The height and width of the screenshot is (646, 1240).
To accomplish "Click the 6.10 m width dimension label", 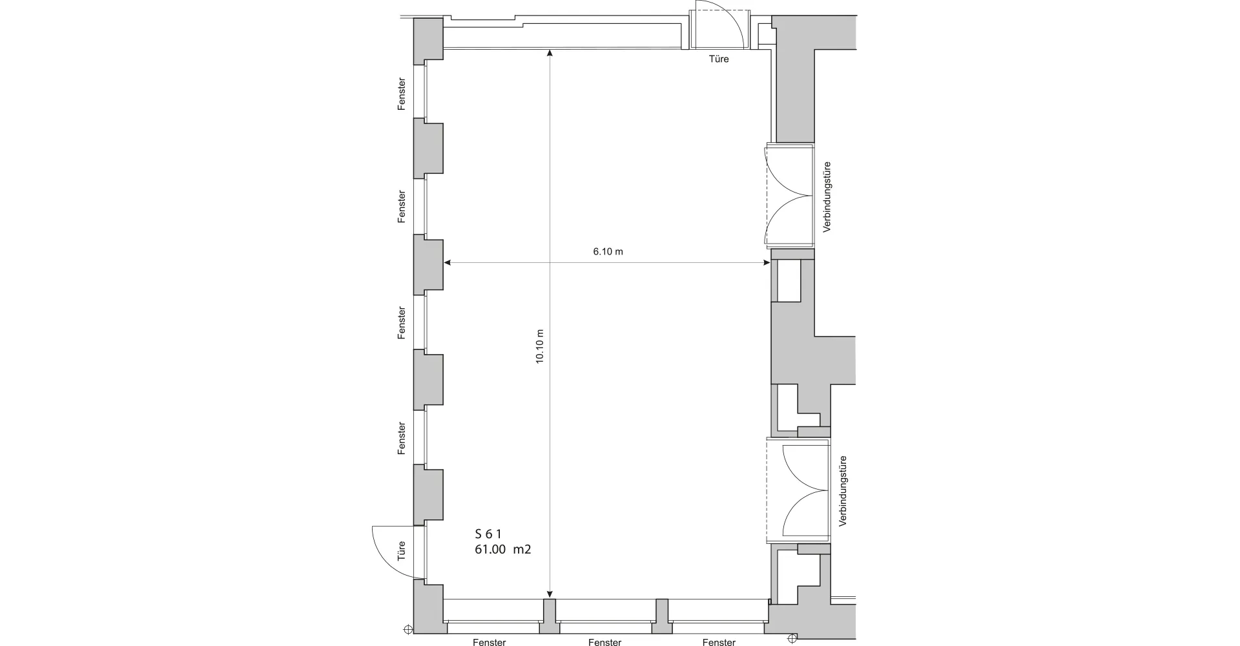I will (x=608, y=251).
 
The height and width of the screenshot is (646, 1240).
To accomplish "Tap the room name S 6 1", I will (x=488, y=534).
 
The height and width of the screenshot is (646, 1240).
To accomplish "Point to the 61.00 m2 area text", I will (x=502, y=550).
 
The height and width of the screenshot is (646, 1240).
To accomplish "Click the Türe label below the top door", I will (x=719, y=59).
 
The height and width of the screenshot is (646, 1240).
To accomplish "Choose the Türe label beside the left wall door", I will (x=402, y=551).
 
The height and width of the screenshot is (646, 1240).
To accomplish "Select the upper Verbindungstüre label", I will (x=827, y=196).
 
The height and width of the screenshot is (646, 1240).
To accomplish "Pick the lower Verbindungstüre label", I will (x=843, y=492).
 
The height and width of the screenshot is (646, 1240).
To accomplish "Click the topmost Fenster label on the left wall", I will (x=402, y=94).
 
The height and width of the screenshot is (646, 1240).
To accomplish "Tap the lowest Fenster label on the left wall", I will (x=402, y=438).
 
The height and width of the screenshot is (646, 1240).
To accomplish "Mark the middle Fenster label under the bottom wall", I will (x=604, y=642).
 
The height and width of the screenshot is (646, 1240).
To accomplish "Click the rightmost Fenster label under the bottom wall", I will (x=719, y=642).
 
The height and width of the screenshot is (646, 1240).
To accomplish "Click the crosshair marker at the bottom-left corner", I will (x=408, y=629).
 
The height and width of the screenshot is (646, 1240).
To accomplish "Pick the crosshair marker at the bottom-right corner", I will (x=792, y=639).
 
